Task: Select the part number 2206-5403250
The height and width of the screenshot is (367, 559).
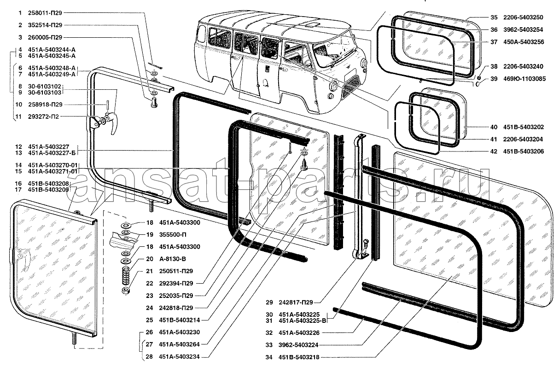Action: [523, 17]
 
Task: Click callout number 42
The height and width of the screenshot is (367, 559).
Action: [494, 151]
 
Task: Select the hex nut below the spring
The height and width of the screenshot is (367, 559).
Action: [125, 291]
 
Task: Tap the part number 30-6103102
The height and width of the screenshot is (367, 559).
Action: [44, 86]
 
